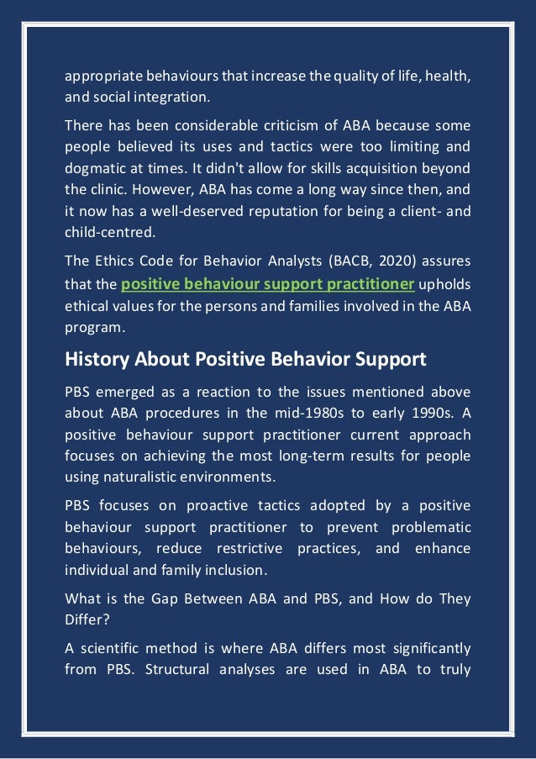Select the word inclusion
[x=234, y=568]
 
